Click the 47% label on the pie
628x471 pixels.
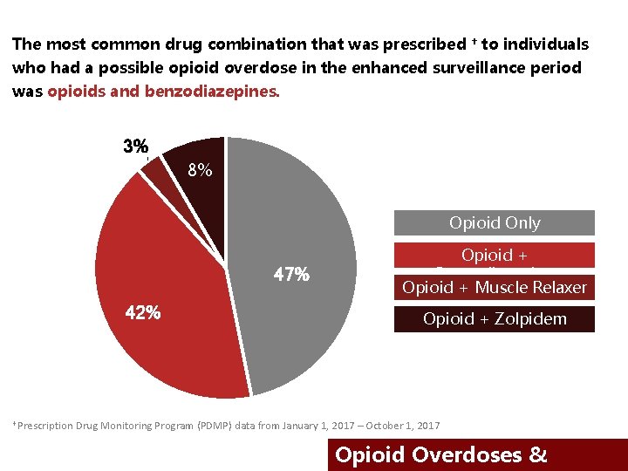290,274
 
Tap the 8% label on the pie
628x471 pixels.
200,170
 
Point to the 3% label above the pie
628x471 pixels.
135,147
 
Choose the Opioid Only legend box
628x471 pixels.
494,223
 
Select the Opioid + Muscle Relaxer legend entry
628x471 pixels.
494,287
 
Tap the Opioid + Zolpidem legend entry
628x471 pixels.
494,319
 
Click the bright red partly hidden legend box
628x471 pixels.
494,255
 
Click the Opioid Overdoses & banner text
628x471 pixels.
441,454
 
